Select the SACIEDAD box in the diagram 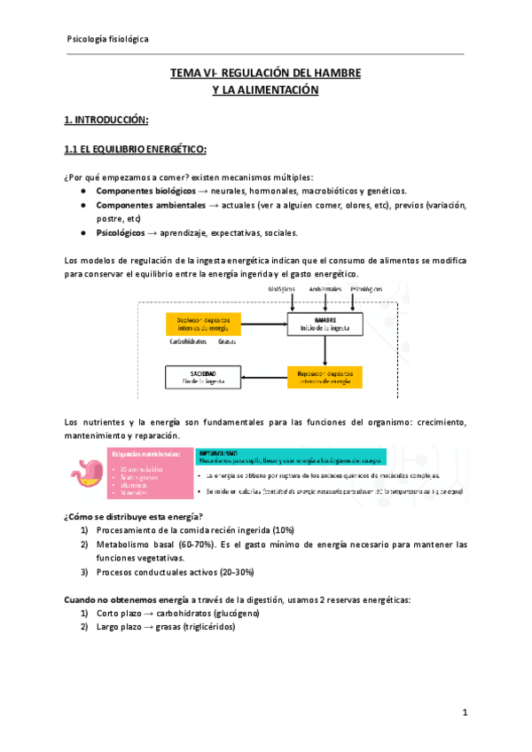point(202,377)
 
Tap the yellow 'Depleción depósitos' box point(202,324)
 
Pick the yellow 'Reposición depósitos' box point(325,377)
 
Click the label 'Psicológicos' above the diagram point(367,290)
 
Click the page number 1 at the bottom point(465,712)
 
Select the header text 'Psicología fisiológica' point(108,40)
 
